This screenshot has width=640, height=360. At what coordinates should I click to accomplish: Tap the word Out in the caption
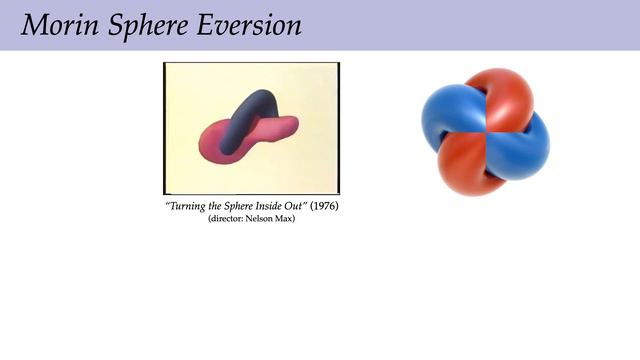295,206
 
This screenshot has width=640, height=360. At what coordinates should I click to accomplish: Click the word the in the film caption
210,206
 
